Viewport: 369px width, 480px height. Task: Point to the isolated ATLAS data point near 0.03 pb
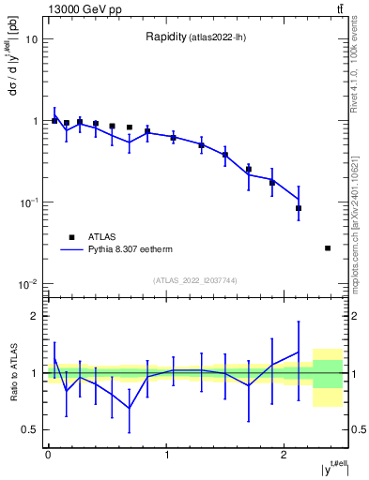[327, 248]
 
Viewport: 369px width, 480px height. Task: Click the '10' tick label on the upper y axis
[32, 39]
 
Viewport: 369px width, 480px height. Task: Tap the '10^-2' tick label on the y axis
[28, 284]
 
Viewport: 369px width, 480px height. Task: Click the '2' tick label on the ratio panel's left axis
[36, 316]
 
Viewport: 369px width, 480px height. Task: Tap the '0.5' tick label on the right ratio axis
[358, 429]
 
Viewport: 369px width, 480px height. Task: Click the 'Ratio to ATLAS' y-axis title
[12, 373]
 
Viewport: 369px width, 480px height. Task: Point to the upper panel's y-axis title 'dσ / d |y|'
[12, 70]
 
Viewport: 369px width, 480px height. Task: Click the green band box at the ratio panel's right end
[328, 373]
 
